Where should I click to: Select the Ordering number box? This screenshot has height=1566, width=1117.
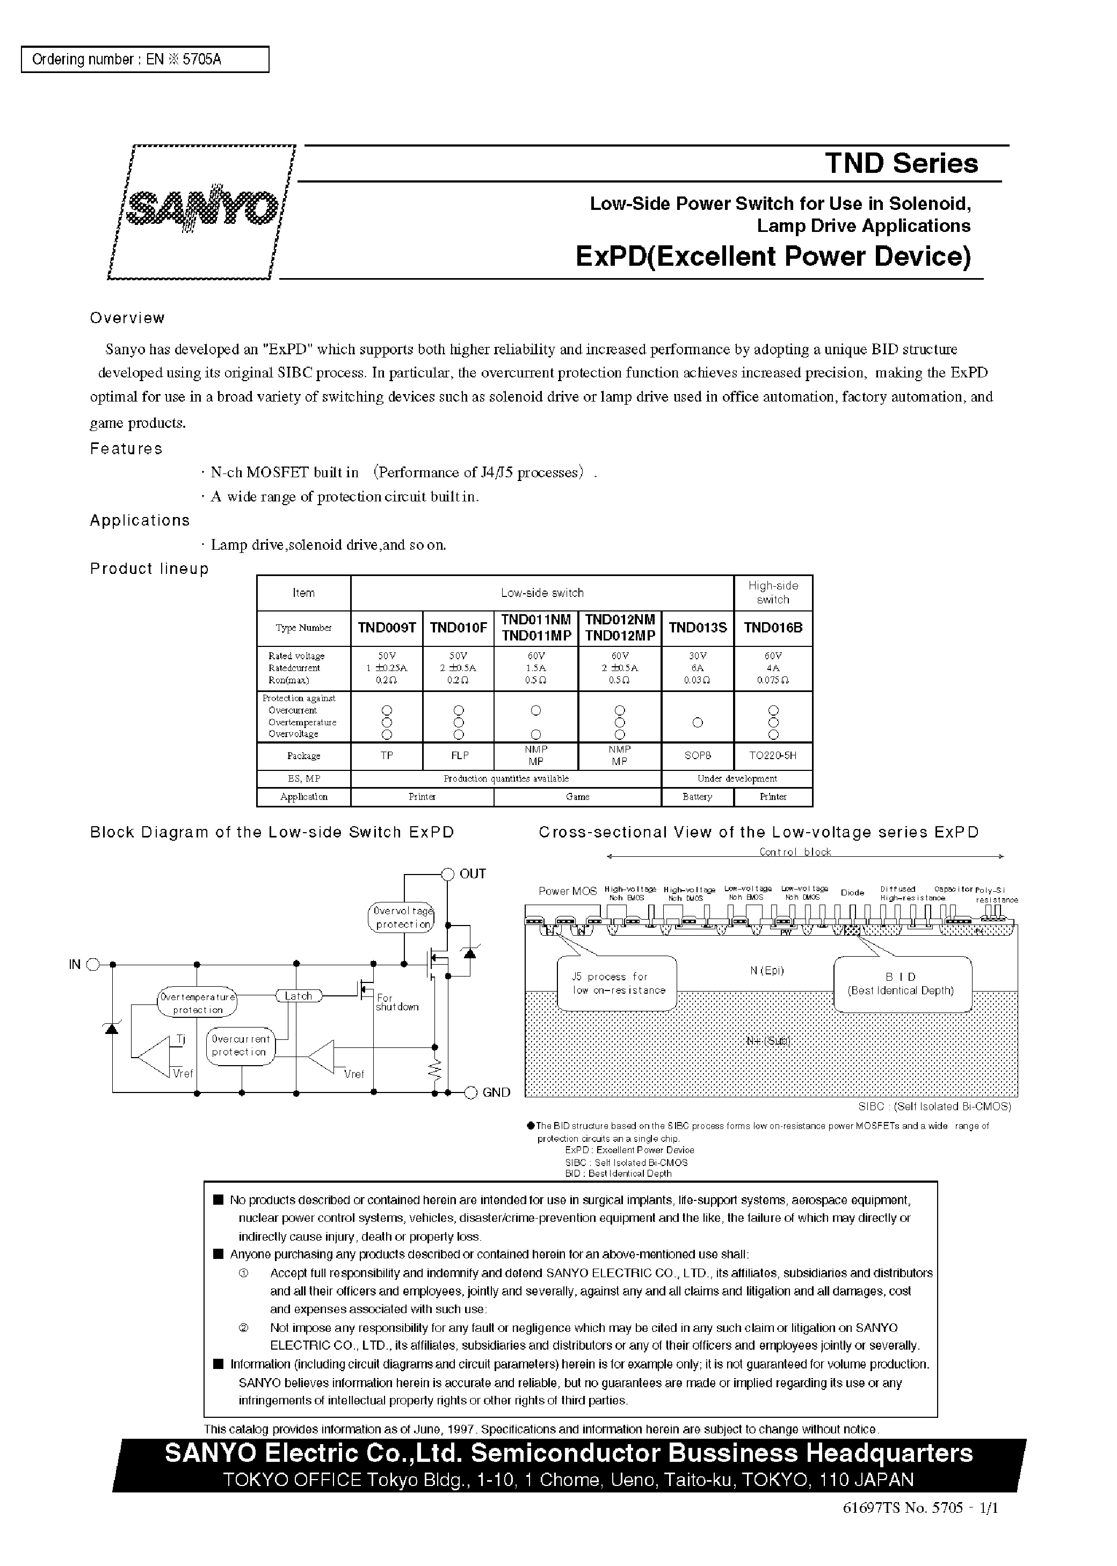(x=144, y=60)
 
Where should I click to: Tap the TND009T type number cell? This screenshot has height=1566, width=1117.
(x=387, y=628)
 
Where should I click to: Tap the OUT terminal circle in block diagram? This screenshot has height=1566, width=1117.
(x=448, y=874)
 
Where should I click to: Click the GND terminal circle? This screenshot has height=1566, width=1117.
(x=471, y=1092)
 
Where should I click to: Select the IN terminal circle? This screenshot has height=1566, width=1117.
(x=94, y=965)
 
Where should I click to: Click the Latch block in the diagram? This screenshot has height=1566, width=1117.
(x=298, y=995)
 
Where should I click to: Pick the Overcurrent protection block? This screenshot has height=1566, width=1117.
(x=240, y=1046)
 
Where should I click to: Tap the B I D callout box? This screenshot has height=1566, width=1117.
(x=902, y=984)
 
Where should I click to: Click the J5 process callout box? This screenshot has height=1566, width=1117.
(x=618, y=984)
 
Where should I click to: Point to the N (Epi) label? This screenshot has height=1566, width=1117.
(x=767, y=971)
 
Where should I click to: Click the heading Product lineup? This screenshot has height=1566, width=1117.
(x=149, y=569)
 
